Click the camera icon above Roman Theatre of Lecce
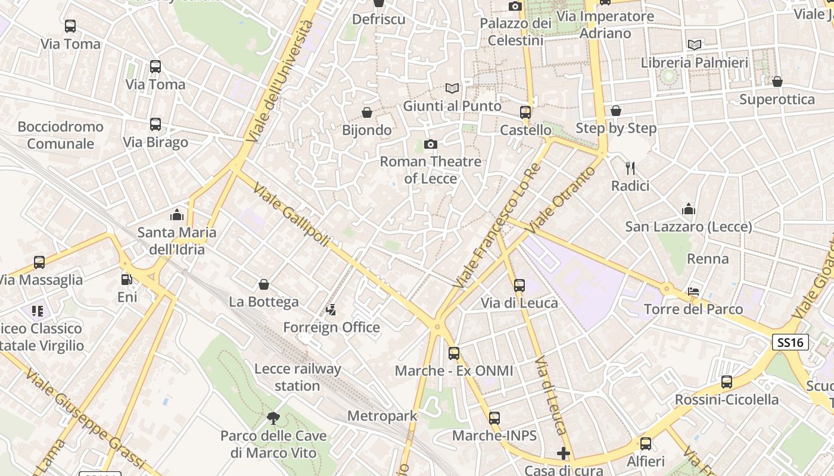pyautogui.click(x=430, y=144)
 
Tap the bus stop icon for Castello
pyautogui.click(x=525, y=112)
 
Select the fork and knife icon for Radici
pyautogui.click(x=630, y=168)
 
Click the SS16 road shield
pyautogui.click(x=791, y=342)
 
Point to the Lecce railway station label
pyautogui.click(x=297, y=377)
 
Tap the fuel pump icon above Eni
pyautogui.click(x=126, y=279)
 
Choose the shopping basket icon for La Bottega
pyautogui.click(x=264, y=284)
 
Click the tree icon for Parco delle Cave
pyautogui.click(x=273, y=418)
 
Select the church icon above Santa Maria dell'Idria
pyautogui.click(x=176, y=214)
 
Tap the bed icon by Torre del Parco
pyautogui.click(x=693, y=291)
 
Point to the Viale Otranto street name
pyautogui.click(x=561, y=199)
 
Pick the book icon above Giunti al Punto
pyautogui.click(x=452, y=88)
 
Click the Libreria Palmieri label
pyautogui.click(x=694, y=62)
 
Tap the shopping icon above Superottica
pyautogui.click(x=777, y=82)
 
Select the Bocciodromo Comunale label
pyautogui.click(x=60, y=135)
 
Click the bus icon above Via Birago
pyautogui.click(x=155, y=124)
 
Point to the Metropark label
pyautogui.click(x=382, y=416)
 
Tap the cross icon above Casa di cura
pyautogui.click(x=563, y=454)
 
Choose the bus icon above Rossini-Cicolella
pyautogui.click(x=726, y=382)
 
